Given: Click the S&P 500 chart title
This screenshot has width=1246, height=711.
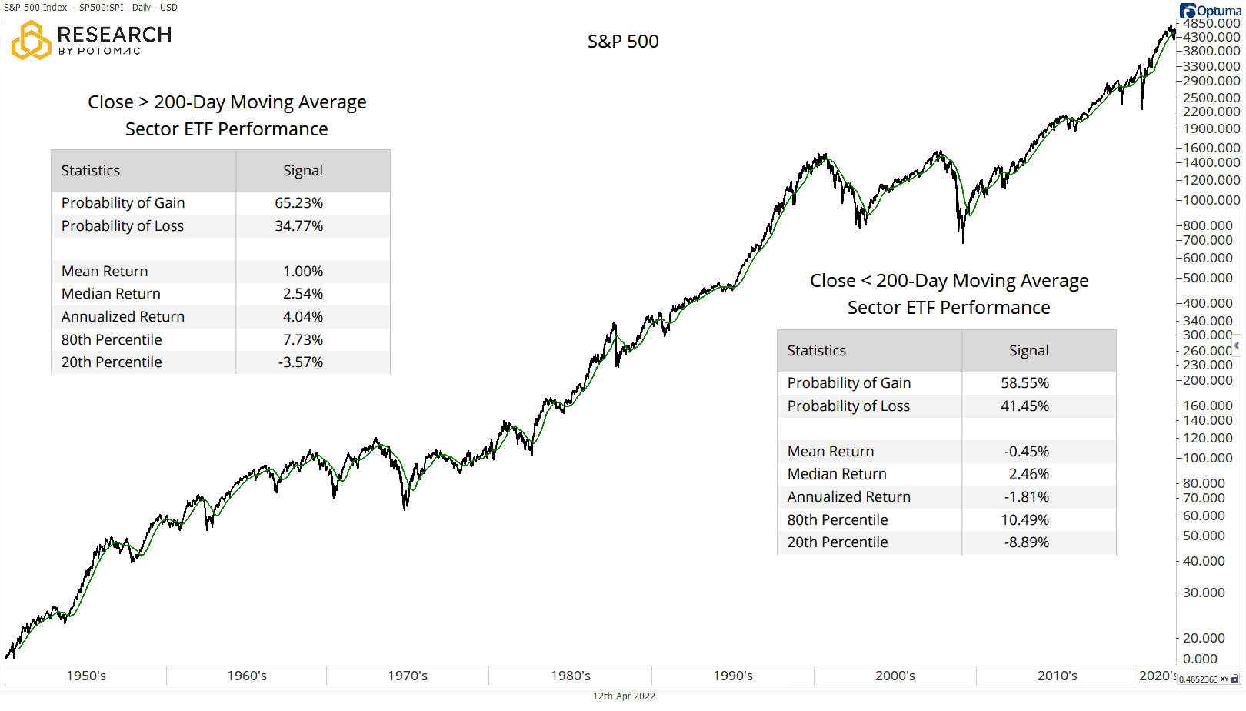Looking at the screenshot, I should tap(623, 42).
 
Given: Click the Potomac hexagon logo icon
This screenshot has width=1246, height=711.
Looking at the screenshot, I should tap(31, 41).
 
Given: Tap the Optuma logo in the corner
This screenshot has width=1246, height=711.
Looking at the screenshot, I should tap(1211, 11).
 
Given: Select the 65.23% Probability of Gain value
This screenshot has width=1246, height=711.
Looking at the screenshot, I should tap(298, 203).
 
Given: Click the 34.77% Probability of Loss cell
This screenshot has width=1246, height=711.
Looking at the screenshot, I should tap(298, 226).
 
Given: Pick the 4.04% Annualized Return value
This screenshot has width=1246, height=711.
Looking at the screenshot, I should tap(302, 317).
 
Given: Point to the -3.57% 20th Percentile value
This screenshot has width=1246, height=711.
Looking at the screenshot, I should tap(300, 362).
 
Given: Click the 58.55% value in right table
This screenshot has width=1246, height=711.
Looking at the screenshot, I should tap(1024, 383).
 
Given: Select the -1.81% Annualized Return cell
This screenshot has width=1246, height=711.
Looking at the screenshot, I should tap(1026, 497).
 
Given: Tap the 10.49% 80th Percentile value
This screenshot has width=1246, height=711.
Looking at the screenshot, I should tap(1024, 520).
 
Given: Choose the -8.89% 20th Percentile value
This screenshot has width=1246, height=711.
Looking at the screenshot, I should tap(1026, 542).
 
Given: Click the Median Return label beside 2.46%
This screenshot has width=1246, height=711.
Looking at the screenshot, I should tap(837, 475).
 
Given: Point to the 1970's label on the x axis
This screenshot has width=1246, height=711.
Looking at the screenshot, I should tap(408, 676).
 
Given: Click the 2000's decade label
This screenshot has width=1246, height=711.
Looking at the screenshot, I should tap(895, 676).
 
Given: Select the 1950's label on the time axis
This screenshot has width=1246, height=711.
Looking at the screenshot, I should tap(86, 676).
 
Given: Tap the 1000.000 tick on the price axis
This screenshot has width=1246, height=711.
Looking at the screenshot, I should tap(1211, 200).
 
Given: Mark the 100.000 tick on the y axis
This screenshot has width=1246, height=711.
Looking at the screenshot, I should tap(1208, 458).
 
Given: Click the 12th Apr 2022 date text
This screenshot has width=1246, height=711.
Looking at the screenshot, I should tap(624, 696).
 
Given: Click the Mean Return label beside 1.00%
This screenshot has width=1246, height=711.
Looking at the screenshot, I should tap(105, 272).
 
